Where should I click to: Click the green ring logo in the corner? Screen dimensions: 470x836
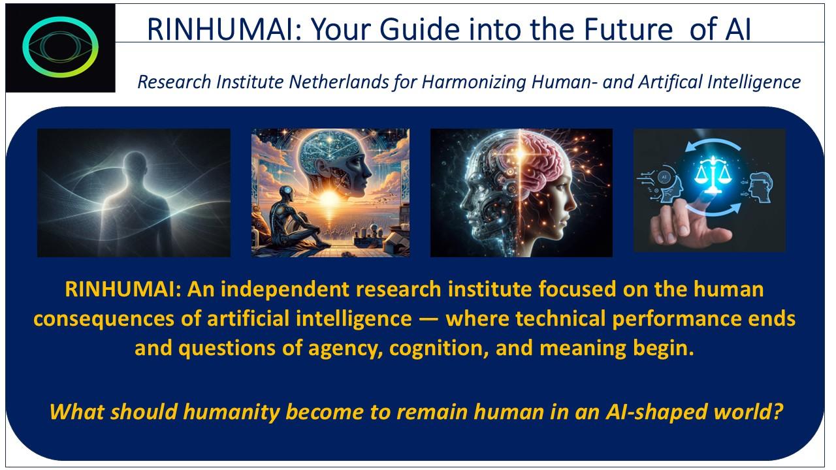[60, 47]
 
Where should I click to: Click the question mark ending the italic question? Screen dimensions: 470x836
[777, 413]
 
